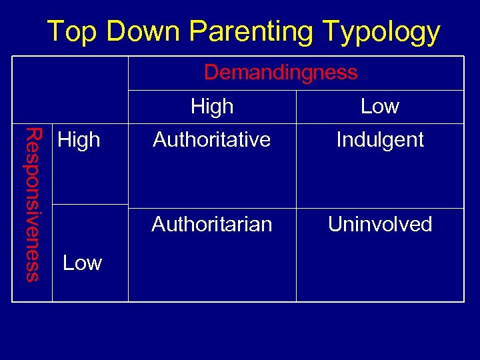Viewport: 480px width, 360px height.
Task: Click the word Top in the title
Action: [72, 31]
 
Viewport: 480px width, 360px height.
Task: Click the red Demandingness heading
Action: [281, 72]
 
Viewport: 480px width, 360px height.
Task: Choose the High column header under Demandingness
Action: [212, 106]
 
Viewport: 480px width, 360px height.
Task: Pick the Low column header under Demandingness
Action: [379, 106]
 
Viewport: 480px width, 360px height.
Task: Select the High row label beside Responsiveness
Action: [79, 140]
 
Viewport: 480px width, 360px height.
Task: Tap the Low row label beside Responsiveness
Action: [82, 263]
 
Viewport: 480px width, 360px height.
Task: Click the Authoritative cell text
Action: [211, 140]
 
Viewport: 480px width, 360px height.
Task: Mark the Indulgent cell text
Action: [380, 140]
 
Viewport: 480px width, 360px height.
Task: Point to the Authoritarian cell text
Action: [211, 224]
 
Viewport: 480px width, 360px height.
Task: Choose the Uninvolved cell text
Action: [380, 224]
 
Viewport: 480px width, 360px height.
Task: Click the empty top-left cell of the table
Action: [71, 89]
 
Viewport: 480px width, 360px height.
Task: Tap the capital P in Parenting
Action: [197, 31]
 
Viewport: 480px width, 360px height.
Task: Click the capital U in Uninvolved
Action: [334, 224]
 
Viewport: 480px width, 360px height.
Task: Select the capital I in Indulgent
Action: [339, 140]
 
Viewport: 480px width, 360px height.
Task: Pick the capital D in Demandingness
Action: [211, 72]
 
